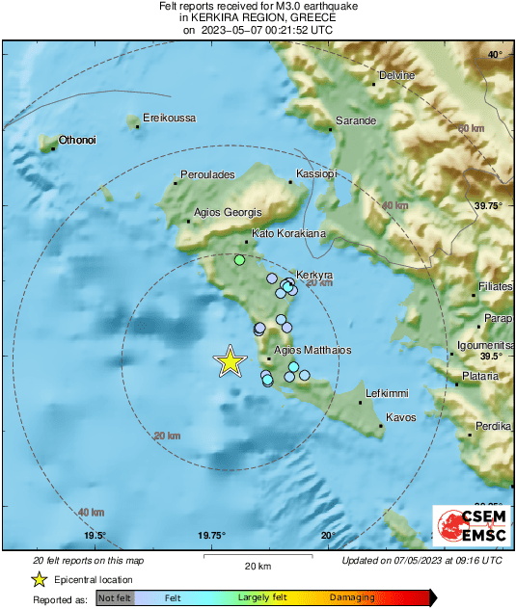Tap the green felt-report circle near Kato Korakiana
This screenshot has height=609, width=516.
[240, 259]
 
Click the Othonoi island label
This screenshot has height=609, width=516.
[77, 140]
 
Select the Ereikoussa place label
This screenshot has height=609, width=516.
[169, 118]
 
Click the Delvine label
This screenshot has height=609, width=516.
[396, 75]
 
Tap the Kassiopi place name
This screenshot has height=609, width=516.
[317, 174]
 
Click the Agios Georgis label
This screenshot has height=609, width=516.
[229, 212]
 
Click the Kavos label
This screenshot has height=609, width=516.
[400, 417]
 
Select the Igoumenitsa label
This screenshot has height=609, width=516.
[487, 344]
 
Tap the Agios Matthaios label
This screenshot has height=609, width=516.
[313, 350]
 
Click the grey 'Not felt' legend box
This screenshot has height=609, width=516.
[115, 598]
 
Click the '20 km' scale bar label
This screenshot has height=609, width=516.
[257, 565]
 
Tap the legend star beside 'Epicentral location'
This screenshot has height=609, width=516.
[39, 579]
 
